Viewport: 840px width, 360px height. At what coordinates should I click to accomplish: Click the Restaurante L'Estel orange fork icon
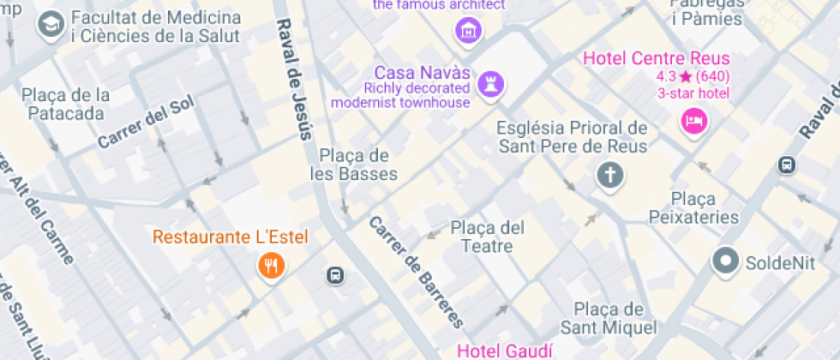click(x=271, y=266)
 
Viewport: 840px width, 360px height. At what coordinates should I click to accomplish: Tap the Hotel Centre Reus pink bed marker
click(x=694, y=120)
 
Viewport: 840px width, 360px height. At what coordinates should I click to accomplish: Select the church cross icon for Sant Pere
click(x=609, y=176)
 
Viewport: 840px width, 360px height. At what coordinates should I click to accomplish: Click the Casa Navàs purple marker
click(x=492, y=84)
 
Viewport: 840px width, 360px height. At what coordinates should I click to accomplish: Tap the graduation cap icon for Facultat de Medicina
click(x=51, y=26)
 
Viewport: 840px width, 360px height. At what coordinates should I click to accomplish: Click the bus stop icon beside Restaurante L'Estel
click(x=335, y=275)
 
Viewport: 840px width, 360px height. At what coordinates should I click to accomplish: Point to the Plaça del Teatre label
click(x=487, y=237)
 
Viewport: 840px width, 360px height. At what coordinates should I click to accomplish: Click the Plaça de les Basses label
click(x=354, y=165)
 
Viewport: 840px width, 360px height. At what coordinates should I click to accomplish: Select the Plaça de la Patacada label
click(x=66, y=104)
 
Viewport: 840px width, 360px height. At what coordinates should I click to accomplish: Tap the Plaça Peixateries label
click(x=693, y=207)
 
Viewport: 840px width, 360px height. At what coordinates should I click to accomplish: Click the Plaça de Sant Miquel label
click(x=609, y=318)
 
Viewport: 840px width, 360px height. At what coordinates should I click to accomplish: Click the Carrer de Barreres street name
click(x=417, y=273)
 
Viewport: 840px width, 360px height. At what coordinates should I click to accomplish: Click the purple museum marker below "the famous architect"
click(x=469, y=31)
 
